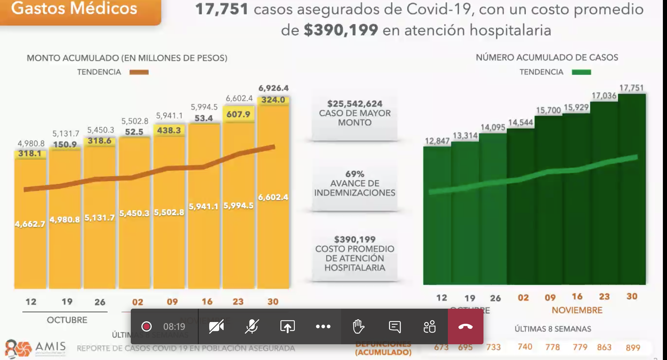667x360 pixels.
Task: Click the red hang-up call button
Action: coord(465,326)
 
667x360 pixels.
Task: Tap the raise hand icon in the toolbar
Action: coord(358,326)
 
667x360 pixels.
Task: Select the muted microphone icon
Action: coord(252,326)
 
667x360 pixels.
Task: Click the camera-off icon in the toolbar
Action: coord(216,326)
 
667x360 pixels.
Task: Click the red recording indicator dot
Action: coord(147,326)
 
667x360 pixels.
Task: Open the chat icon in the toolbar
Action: coord(394,326)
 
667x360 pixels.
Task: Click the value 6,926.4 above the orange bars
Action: coord(273,88)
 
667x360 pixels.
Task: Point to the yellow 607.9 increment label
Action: coord(238,114)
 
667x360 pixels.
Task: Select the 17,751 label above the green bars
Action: coord(631,88)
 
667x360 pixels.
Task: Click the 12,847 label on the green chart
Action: coord(437,141)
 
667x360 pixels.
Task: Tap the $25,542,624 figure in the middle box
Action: coord(355,104)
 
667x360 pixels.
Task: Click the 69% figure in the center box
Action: coord(355,174)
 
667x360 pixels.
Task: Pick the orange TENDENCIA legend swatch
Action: coord(139,72)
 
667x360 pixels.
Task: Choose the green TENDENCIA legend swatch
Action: coord(581,72)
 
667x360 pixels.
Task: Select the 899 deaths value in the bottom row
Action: coord(633,348)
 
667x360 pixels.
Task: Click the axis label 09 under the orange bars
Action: coord(172,302)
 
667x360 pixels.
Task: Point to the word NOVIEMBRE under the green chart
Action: coord(577,310)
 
